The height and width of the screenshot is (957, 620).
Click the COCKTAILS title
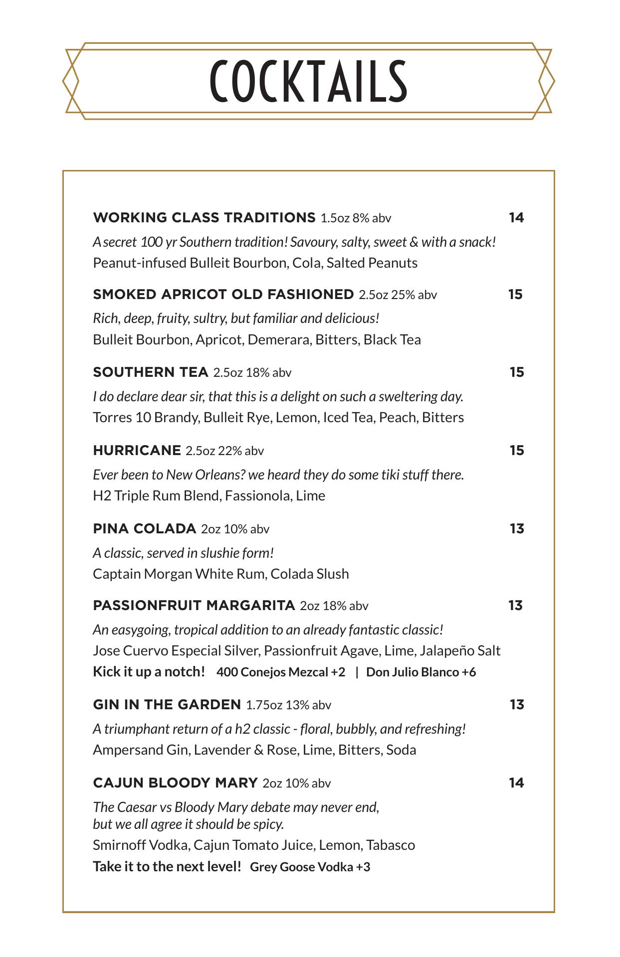coord(309,81)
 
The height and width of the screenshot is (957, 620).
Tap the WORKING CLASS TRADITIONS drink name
coord(204,218)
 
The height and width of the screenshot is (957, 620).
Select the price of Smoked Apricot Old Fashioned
coord(515,295)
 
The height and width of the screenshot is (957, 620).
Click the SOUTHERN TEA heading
coord(150,372)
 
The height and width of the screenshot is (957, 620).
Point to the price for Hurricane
coord(517,451)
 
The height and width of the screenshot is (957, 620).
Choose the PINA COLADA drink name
coord(144,529)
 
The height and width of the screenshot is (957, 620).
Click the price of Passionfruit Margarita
coord(515,606)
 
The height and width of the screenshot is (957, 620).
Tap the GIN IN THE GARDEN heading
coord(167,705)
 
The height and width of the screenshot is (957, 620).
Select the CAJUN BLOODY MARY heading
coord(175,783)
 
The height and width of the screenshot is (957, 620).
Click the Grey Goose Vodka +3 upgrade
coord(310,867)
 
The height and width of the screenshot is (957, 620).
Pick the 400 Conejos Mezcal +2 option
coord(280,672)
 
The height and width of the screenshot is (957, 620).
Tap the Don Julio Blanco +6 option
coord(421,672)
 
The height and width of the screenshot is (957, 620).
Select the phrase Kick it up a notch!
coord(149,672)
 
